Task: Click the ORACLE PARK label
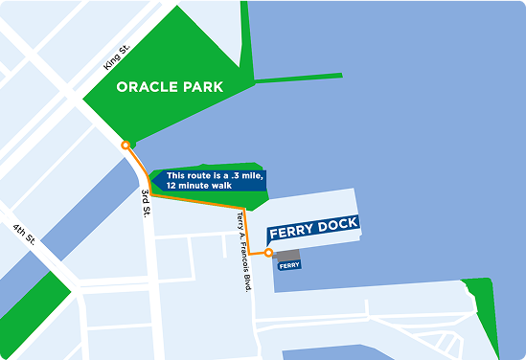click(170, 87)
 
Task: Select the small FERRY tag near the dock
click(289, 265)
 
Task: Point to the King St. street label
click(117, 60)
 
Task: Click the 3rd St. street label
click(147, 202)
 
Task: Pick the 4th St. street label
click(22, 236)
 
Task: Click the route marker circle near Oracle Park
click(126, 145)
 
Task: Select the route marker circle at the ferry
click(269, 254)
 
